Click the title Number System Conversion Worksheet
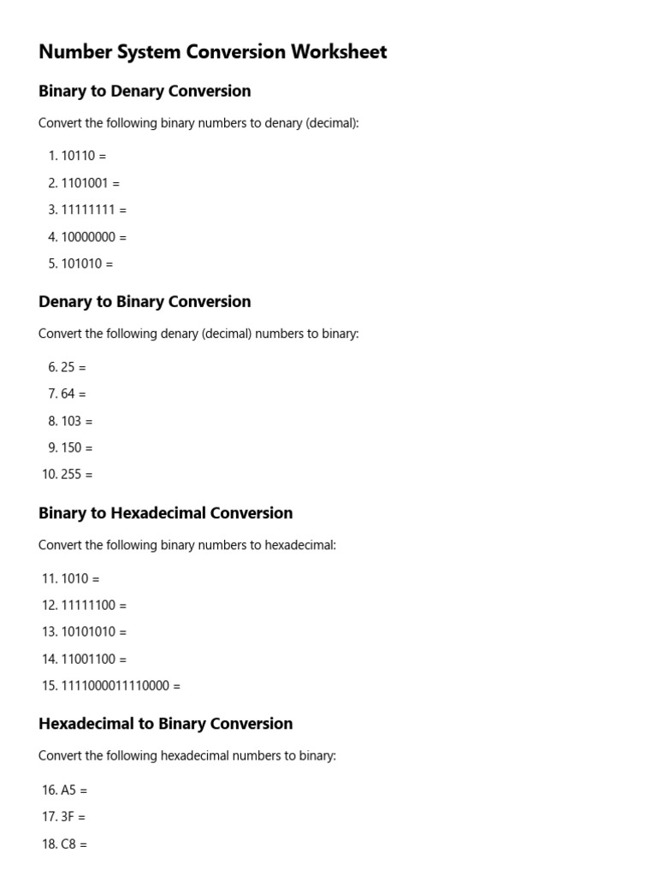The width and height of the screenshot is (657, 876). tap(212, 52)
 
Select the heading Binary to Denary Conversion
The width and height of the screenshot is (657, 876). tap(145, 92)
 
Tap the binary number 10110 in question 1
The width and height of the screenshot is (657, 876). tap(78, 156)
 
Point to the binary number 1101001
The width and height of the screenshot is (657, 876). tap(85, 183)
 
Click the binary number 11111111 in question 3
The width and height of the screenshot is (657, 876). tap(88, 210)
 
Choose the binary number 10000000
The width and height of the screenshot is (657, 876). tap(88, 237)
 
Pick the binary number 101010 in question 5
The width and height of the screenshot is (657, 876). tap(81, 263)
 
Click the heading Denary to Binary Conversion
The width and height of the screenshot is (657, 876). tap(145, 302)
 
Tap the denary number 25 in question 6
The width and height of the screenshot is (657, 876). tap(68, 367)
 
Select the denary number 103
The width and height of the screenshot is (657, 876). tap(71, 421)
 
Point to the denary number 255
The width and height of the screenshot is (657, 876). tap(71, 474)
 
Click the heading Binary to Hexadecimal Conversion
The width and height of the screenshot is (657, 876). tap(165, 513)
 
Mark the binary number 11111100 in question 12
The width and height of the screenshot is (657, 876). tap(88, 605)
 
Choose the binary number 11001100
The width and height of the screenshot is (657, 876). tap(88, 659)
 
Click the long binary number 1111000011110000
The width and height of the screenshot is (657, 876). tap(115, 685)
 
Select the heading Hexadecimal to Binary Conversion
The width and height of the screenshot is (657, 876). tap(165, 724)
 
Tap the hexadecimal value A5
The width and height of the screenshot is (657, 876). tap(68, 790)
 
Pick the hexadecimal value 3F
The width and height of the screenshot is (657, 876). tap(68, 817)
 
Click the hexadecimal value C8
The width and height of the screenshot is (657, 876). tap(68, 843)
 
